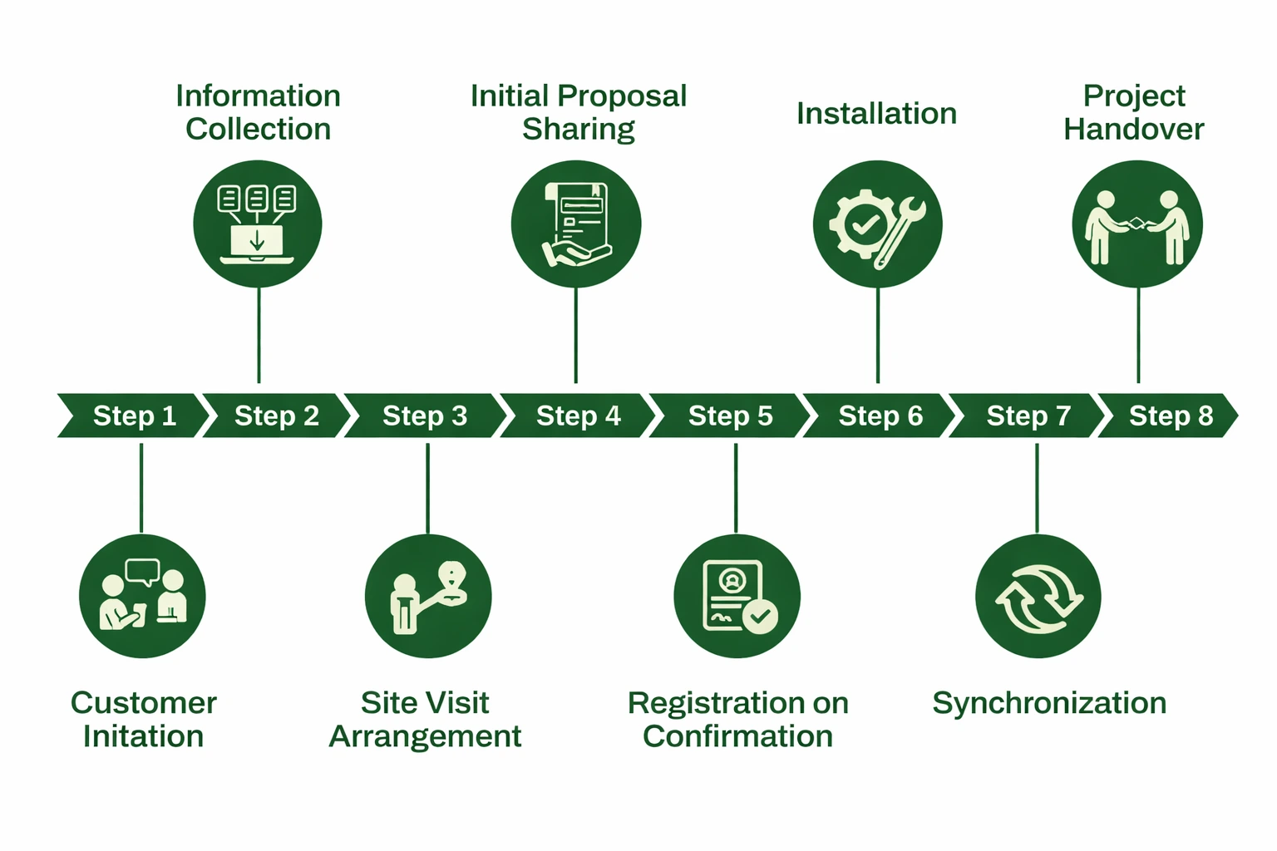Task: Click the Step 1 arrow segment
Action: [x=133, y=416]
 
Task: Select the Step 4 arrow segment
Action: [x=578, y=416]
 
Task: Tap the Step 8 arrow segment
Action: [x=1170, y=416]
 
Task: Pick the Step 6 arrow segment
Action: [x=880, y=416]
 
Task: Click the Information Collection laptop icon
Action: [x=258, y=224]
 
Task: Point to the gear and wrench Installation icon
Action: [x=877, y=224]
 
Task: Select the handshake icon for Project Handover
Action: [x=1137, y=224]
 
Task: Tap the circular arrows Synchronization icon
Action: [x=1038, y=597]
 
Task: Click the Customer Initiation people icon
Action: [x=142, y=597]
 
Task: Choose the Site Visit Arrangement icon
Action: [x=428, y=597]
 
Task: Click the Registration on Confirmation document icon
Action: [x=737, y=597]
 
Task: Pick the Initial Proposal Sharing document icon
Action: [x=576, y=224]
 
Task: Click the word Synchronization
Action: [x=1049, y=703]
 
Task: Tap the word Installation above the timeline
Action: [x=876, y=114]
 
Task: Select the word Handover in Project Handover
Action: [x=1133, y=130]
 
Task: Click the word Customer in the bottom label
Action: [x=143, y=703]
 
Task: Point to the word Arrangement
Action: [x=425, y=736]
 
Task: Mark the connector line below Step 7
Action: [x=1037, y=489]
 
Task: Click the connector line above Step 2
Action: [x=259, y=336]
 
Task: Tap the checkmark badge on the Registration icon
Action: [x=760, y=617]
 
